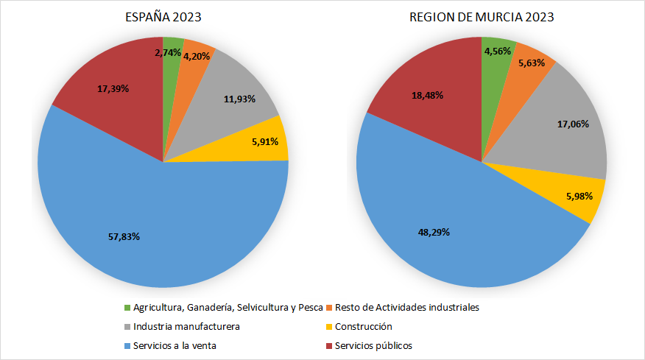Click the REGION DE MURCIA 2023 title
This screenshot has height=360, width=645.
(x=482, y=17)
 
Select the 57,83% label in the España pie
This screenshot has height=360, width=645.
(x=124, y=236)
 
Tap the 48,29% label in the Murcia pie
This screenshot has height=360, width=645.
(x=434, y=231)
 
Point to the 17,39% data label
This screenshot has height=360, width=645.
(x=113, y=88)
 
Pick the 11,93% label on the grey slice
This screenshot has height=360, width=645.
(x=239, y=99)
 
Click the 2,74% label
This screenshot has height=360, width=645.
(x=168, y=52)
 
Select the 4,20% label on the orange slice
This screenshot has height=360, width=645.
(x=197, y=57)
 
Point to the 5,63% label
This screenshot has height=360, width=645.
(x=531, y=63)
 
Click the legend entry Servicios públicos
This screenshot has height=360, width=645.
(x=373, y=345)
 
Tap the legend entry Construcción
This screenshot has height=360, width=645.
(x=363, y=326)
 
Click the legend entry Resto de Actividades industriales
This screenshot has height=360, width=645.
(x=406, y=307)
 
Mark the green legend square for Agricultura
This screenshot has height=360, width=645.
(x=127, y=307)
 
